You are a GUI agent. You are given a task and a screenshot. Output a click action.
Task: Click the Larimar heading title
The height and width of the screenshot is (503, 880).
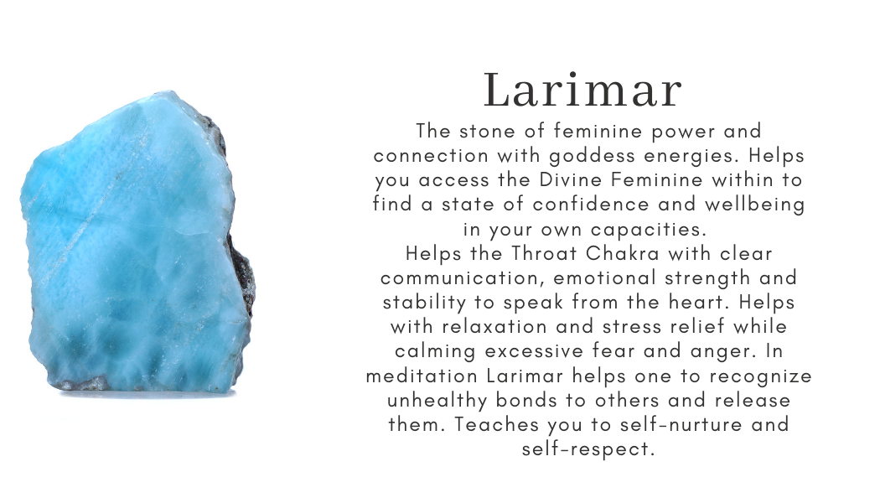(583, 91)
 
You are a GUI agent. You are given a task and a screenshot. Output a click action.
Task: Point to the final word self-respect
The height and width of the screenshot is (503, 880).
(587, 448)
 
